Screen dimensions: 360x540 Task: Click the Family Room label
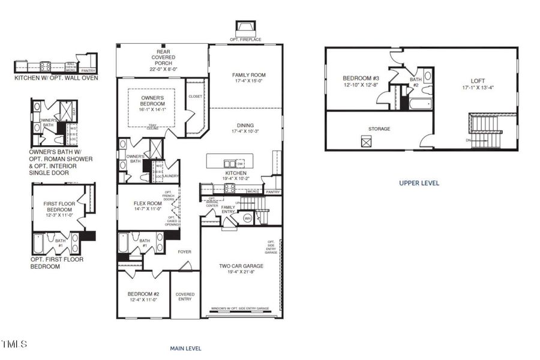click(248, 75)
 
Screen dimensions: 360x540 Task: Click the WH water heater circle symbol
click(247, 219)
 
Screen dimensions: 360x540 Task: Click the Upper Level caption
click(419, 183)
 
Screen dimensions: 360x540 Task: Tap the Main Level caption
click(185, 348)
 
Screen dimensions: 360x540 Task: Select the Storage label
click(379, 128)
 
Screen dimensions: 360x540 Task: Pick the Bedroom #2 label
click(143, 294)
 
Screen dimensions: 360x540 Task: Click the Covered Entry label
click(185, 296)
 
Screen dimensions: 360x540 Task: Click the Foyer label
click(184, 251)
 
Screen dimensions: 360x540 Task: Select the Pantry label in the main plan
click(273, 192)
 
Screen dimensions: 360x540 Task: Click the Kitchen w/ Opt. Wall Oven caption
click(56, 77)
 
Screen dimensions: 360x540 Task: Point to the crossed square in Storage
click(366, 141)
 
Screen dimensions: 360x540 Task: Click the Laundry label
click(171, 176)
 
